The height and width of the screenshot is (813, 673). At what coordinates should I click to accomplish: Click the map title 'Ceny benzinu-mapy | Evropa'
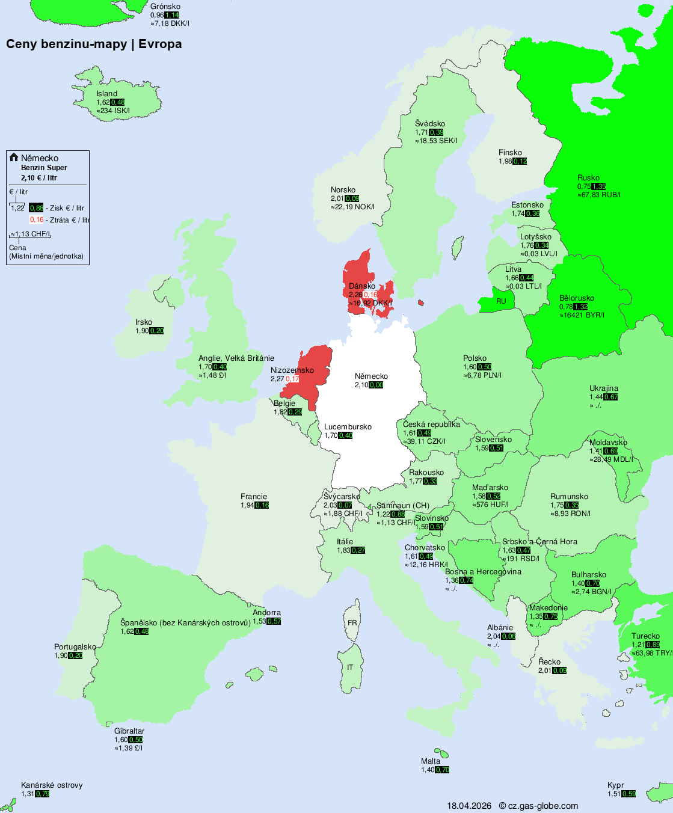[94, 44]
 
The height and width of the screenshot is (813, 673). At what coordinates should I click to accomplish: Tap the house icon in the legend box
[14, 158]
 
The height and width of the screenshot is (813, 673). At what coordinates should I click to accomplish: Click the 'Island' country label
[106, 94]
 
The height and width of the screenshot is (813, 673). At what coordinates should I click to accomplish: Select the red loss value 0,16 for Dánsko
[370, 295]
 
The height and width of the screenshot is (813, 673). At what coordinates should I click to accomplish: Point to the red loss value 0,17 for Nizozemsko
[292, 379]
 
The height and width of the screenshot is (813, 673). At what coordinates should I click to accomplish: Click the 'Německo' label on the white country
[371, 376]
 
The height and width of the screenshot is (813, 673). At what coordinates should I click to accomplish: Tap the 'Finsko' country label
[510, 153]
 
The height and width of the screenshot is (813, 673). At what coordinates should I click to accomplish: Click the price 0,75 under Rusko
[583, 186]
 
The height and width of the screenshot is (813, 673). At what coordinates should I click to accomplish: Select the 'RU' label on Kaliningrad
[501, 301]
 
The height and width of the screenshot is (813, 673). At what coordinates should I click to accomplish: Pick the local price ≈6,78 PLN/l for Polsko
[482, 375]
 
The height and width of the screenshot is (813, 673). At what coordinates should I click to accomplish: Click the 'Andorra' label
[266, 613]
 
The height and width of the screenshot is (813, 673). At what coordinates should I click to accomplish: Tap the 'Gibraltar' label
[129, 731]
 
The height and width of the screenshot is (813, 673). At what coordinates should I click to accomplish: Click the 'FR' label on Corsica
[352, 623]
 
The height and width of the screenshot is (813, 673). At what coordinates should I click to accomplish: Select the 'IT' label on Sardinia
[350, 667]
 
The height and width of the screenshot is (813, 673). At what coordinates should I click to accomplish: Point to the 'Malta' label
[431, 761]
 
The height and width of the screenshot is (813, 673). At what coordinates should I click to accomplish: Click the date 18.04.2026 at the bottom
[469, 806]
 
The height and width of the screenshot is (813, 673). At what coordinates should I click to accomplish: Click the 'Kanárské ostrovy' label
[52, 785]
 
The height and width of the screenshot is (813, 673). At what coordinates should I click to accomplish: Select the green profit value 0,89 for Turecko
[653, 645]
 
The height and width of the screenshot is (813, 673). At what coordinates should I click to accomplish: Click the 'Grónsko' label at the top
[165, 7]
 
